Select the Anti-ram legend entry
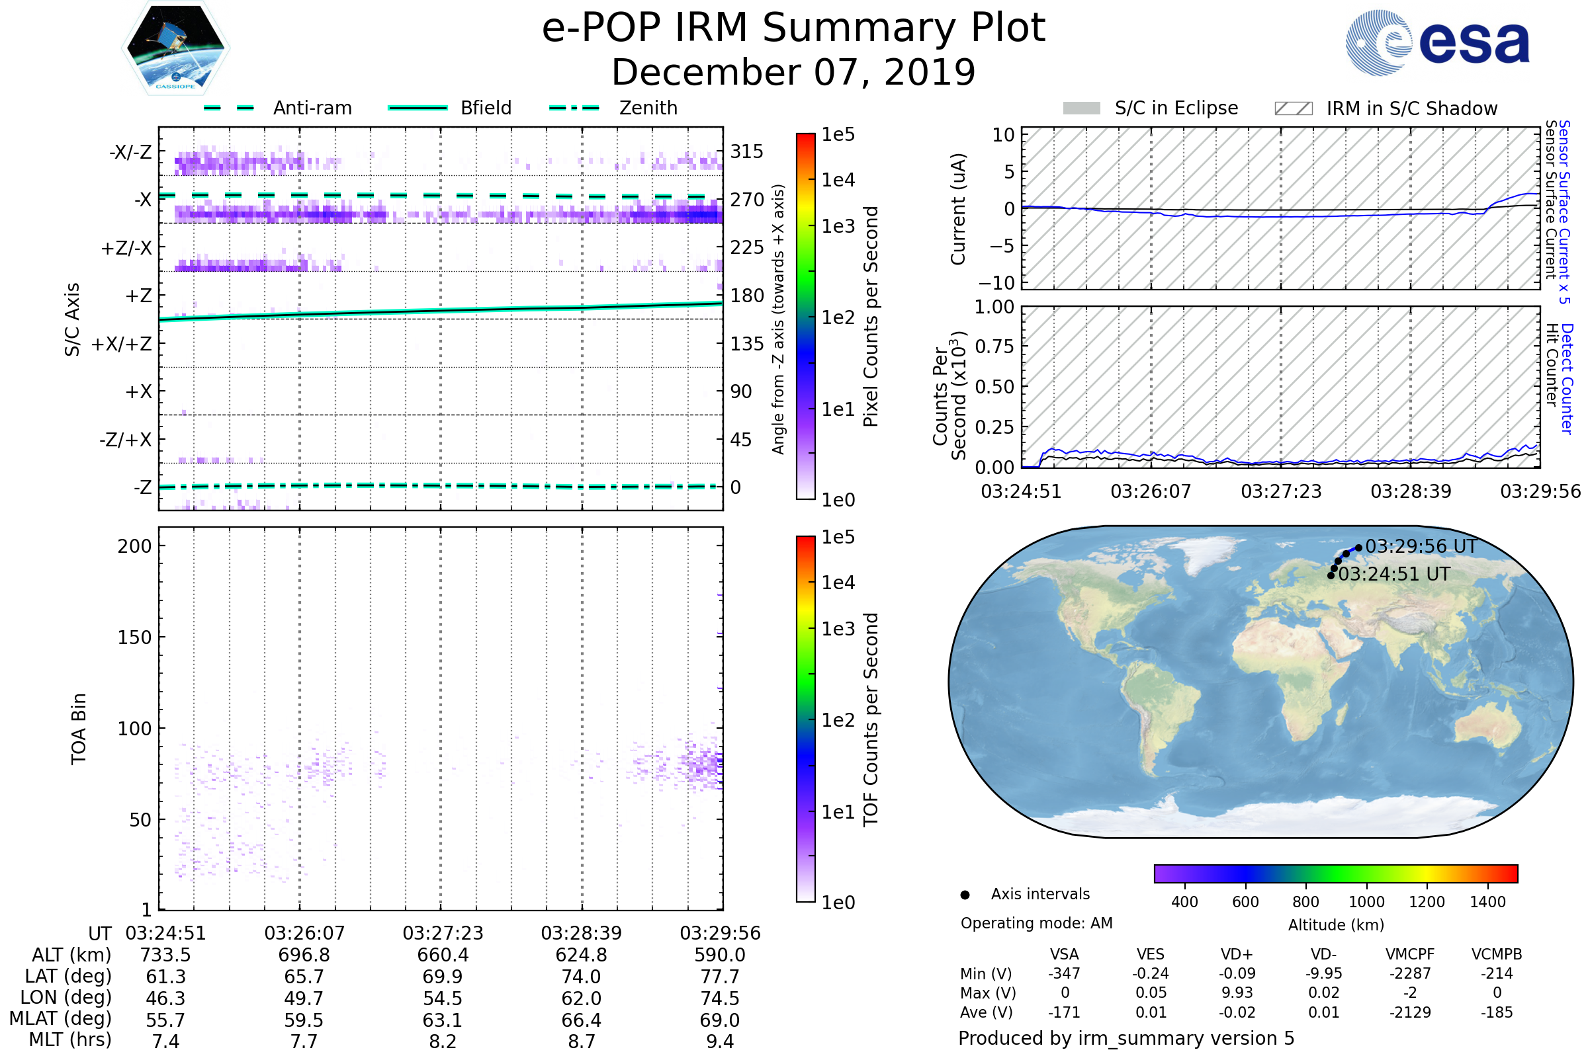312,108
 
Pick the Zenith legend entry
648,108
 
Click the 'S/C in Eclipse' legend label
1176,108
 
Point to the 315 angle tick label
746,151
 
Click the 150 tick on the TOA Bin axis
134,637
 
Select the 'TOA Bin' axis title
78,729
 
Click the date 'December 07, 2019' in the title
793,72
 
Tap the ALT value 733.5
165,956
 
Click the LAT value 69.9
442,977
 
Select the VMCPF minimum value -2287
1410,973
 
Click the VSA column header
1064,955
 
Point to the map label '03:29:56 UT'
1421,547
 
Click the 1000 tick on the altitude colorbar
1366,902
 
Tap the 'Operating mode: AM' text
1036,923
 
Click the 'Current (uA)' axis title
958,209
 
